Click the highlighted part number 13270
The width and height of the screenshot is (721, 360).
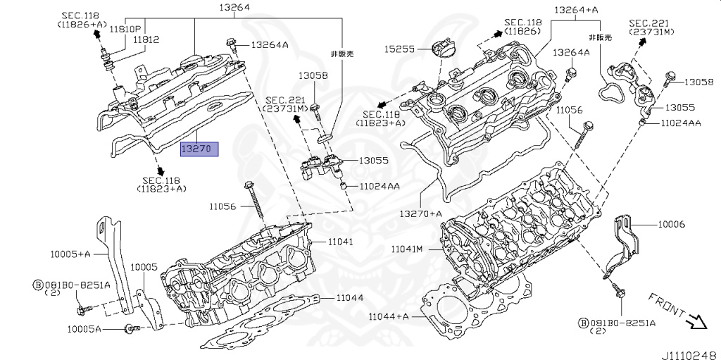(199, 149)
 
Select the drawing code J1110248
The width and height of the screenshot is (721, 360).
(687, 354)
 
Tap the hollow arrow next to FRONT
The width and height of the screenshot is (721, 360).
(696, 322)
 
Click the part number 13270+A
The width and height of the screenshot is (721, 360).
(420, 213)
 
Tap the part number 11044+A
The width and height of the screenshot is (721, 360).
(388, 316)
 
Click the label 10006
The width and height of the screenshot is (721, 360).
(671, 224)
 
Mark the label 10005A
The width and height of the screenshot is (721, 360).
(84, 329)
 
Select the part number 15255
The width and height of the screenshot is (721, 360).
(399, 49)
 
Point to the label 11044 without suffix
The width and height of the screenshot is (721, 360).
(349, 298)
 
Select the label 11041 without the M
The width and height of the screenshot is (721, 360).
(339, 242)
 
